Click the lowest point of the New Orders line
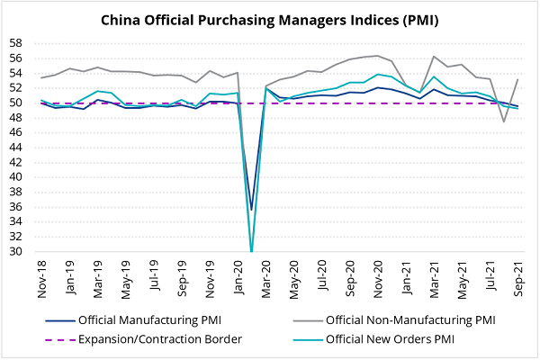tap(251, 251)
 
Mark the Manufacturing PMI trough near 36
tap(251, 210)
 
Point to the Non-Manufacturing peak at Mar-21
tap(434, 57)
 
